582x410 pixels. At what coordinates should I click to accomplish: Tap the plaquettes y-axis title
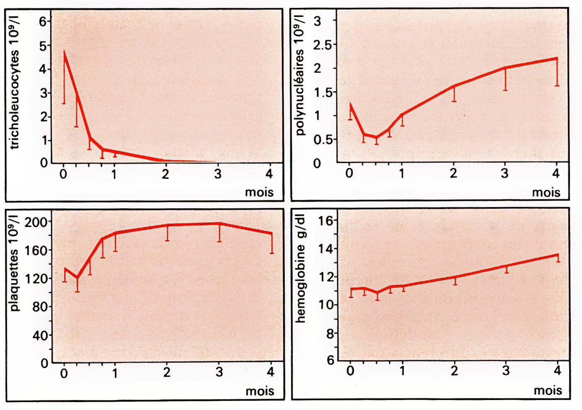tap(15, 264)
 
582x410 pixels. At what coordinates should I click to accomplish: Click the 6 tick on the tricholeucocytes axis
tap(43, 21)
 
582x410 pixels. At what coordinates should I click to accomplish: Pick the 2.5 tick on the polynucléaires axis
tap(322, 44)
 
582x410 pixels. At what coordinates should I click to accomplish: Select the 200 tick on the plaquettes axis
tap(36, 222)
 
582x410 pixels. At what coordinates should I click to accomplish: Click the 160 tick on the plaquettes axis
tap(36, 250)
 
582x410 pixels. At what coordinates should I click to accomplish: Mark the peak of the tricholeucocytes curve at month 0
tap(64, 52)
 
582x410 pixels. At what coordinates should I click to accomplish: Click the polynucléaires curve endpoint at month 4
tap(556, 59)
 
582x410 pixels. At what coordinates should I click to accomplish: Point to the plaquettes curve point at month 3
tap(219, 224)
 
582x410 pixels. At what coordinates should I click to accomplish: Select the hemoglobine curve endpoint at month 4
tap(558, 254)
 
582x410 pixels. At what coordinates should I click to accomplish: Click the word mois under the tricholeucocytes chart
tap(259, 192)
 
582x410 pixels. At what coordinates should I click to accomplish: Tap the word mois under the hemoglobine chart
tap(548, 390)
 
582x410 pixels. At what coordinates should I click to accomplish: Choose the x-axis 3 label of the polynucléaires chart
tap(504, 173)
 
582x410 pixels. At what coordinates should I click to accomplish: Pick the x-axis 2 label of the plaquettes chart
tap(167, 372)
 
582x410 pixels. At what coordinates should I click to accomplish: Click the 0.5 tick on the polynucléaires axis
tap(322, 139)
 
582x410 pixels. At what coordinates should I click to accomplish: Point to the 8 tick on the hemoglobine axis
tap(330, 333)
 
